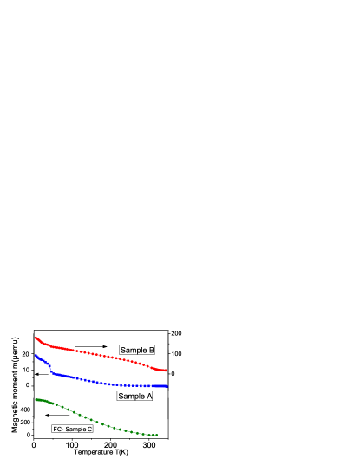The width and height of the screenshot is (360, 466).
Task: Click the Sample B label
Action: (137, 350)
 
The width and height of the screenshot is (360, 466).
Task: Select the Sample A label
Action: (135, 396)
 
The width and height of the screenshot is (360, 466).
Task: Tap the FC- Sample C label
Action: (73, 429)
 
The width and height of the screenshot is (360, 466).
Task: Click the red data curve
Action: (95, 354)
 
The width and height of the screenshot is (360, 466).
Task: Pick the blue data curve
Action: (104, 383)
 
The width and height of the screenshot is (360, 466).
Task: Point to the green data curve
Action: (87, 416)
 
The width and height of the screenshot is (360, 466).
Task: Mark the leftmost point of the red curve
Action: (36, 337)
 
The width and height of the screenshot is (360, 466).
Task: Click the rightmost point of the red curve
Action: (167, 371)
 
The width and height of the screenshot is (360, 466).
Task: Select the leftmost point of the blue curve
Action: (36, 354)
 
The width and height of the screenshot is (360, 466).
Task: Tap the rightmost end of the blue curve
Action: (167, 386)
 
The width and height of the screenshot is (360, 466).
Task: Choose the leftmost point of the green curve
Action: (36, 400)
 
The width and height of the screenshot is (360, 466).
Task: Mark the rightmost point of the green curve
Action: (157, 435)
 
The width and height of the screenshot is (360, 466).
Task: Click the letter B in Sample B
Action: (151, 350)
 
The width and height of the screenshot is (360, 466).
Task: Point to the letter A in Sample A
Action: (149, 396)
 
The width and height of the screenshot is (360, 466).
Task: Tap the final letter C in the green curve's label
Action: (89, 429)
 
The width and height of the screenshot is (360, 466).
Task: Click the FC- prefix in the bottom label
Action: (57, 429)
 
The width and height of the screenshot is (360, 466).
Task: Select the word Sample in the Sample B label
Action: (133, 350)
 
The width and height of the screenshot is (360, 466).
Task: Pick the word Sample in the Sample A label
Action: (131, 396)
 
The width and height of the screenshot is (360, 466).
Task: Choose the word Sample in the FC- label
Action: (75, 429)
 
